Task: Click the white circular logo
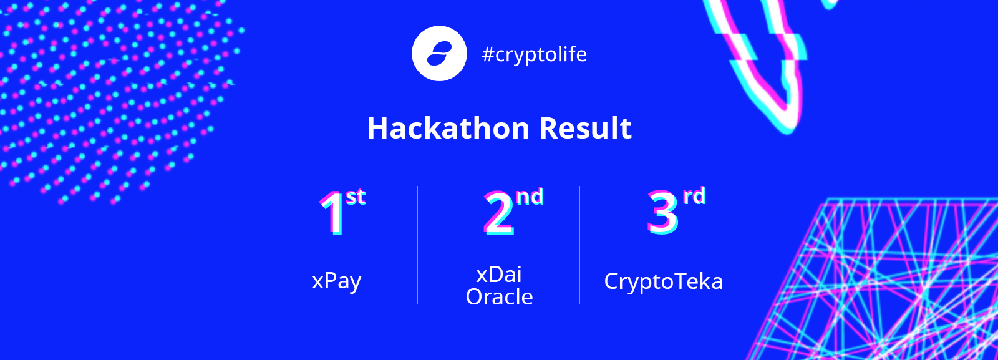[x=439, y=54]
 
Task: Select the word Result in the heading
[x=586, y=129]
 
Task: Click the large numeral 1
[x=332, y=213]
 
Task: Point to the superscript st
[x=356, y=197]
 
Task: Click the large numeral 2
[x=499, y=213]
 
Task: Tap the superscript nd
[x=530, y=197]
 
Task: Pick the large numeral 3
[x=662, y=213]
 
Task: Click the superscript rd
[x=695, y=196]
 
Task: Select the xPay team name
[x=336, y=281]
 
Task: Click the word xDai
[x=499, y=275]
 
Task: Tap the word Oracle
[x=499, y=297]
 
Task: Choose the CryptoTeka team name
[x=664, y=282]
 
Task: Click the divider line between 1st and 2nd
[x=417, y=245]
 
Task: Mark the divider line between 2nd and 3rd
[x=579, y=245]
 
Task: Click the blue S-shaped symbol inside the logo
[x=439, y=54]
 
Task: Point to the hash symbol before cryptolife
[x=489, y=55]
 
